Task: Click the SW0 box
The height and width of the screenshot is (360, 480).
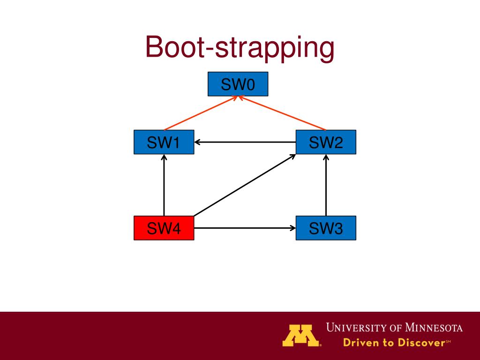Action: pos(238,84)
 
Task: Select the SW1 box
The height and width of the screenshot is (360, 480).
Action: pos(164,142)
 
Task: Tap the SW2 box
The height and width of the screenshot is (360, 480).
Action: pos(326,142)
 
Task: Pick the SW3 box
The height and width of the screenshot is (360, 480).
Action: pos(326,228)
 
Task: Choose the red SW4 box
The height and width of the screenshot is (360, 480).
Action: pos(164,228)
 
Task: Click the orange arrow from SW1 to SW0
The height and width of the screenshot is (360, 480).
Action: pos(201,113)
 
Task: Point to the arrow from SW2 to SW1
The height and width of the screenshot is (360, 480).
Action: pos(245,142)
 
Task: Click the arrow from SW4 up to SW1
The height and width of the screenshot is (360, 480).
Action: pos(164,185)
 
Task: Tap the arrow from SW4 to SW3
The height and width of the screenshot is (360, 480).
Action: pos(245,228)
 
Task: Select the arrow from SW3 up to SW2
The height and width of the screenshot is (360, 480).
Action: pos(326,185)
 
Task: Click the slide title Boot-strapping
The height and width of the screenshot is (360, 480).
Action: pos(240,48)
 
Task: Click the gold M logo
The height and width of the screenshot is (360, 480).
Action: pos(301,335)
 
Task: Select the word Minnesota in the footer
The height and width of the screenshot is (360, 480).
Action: pos(434,328)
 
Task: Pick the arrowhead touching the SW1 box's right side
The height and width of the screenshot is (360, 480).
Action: pos(197,142)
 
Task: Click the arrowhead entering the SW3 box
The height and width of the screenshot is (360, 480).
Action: pos(293,228)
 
